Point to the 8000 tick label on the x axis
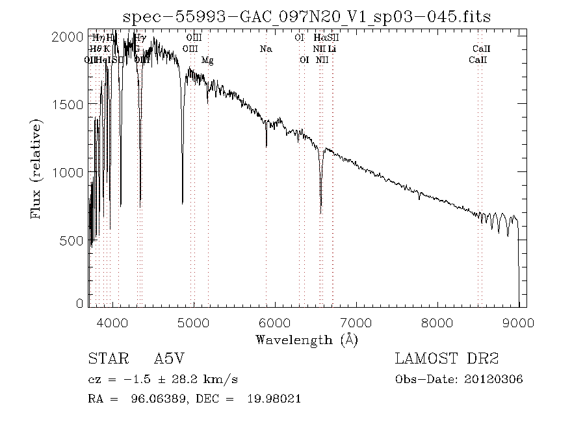tap(437, 323)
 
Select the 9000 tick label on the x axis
tap(518, 323)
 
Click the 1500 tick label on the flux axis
tap(70, 105)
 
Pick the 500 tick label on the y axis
tap(73, 241)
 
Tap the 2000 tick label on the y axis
tap(70, 36)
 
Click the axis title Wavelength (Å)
tap(307, 340)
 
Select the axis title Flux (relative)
tap(38, 169)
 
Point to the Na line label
tap(266, 49)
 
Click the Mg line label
tap(207, 60)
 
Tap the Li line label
tap(332, 49)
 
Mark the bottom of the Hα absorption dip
tap(320, 212)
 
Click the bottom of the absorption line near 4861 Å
tap(182, 203)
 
